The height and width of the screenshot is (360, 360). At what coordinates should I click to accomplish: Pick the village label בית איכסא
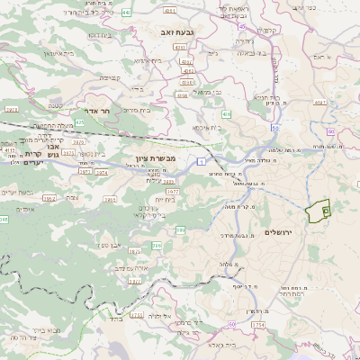(207, 127)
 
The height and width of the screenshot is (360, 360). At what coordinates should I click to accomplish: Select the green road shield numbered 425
(79, 121)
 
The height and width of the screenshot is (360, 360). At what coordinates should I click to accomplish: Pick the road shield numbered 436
(227, 114)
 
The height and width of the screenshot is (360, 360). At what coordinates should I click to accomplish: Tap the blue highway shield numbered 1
(204, 160)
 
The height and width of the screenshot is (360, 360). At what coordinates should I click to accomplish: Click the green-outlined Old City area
(317, 211)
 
